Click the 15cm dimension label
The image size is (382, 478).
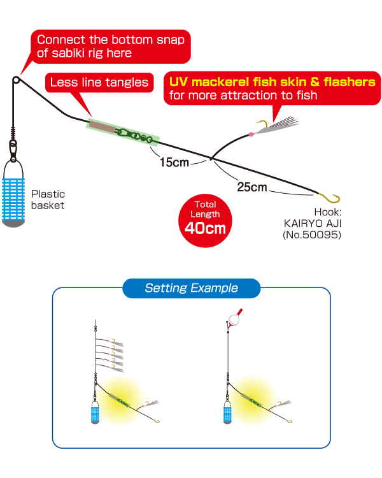pyautogui.click(x=174, y=163)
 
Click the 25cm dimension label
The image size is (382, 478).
pyautogui.click(x=251, y=187)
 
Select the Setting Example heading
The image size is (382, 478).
pyautogui.click(x=191, y=288)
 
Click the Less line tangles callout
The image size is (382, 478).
pyautogui.click(x=99, y=82)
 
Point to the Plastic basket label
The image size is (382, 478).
pyautogui.click(x=48, y=199)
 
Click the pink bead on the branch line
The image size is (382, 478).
pyautogui.click(x=251, y=134)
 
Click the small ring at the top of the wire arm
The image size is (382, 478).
pyautogui.click(x=15, y=81)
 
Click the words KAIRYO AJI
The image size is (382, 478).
pyautogui.click(x=313, y=223)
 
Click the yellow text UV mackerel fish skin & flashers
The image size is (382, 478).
pyautogui.click(x=271, y=82)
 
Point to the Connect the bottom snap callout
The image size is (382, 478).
pyautogui.click(x=111, y=46)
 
